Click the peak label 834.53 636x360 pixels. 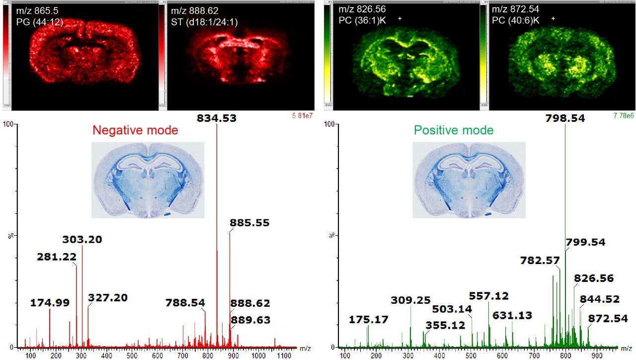(216, 118)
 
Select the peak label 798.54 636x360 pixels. (564, 118)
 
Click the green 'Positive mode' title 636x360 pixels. (454, 130)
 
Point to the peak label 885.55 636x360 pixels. (249, 223)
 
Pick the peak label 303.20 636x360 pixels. (82, 240)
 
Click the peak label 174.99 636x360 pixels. (50, 302)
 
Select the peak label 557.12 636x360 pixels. (489, 296)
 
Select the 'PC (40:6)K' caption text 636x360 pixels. (517, 21)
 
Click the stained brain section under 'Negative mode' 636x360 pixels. (148, 180)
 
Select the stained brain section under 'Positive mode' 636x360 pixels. (469, 180)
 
